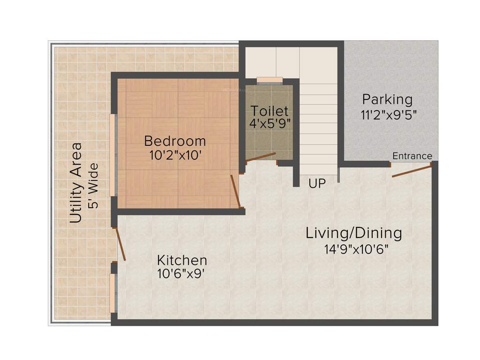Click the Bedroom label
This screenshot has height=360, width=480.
[x=175, y=141]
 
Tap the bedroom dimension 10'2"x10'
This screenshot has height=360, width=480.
[x=175, y=155]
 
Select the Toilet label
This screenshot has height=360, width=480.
[x=269, y=111]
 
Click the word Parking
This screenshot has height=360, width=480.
[x=387, y=99]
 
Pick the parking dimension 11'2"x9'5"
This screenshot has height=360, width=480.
[x=389, y=114]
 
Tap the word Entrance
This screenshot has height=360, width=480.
[x=412, y=156]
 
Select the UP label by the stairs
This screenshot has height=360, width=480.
[x=317, y=184]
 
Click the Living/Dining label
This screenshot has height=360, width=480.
[x=354, y=232]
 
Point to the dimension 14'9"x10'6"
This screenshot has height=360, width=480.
[x=357, y=248]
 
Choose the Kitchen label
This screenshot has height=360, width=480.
[x=182, y=260]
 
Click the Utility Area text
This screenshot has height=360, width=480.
[x=76, y=183]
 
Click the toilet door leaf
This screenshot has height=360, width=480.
[x=261, y=157]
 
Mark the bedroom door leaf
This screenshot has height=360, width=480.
[x=235, y=191]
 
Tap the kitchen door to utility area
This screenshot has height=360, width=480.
[x=121, y=244]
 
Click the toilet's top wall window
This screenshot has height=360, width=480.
[x=270, y=79]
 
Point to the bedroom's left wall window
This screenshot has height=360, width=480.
[x=112, y=155]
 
